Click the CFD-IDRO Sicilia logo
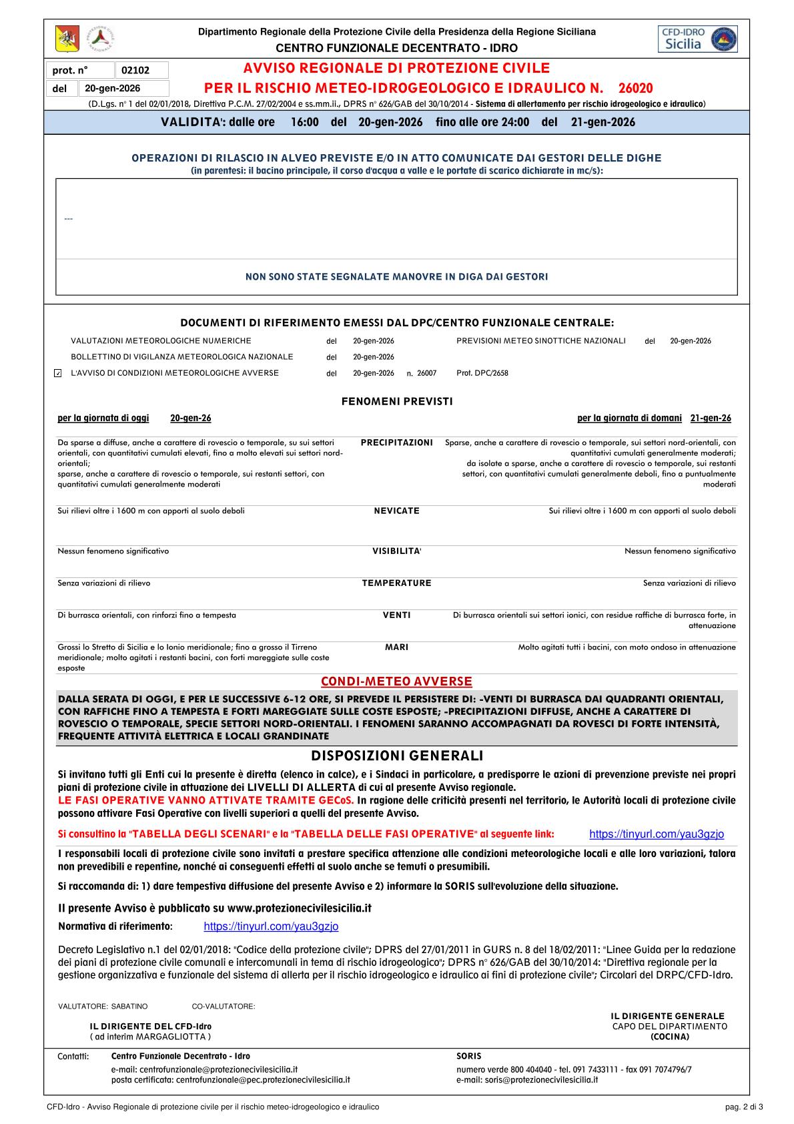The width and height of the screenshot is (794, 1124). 697,39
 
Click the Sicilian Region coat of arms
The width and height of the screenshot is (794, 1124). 67,39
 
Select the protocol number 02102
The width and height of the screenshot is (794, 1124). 135,70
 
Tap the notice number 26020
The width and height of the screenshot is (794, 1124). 635,89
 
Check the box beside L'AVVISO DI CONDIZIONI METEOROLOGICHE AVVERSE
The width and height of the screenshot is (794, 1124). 57,373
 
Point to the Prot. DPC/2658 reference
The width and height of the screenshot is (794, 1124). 482,373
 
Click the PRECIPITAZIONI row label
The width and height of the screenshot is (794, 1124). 396,443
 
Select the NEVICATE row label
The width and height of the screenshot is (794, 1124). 396,511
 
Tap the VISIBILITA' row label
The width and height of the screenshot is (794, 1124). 396,551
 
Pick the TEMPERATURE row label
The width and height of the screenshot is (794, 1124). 396,583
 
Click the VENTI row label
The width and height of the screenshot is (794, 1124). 396,615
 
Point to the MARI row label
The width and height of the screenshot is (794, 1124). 396,647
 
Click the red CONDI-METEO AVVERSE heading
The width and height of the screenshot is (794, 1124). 396,681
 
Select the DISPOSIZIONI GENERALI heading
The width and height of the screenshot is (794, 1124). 396,756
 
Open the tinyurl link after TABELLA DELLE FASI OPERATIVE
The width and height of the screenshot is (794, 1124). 656,834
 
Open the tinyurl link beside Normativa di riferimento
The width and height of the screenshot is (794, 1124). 271,926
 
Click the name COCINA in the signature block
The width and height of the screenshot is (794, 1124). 670,1037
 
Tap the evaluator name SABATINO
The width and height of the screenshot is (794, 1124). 129,1006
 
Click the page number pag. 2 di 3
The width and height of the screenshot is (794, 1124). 743,1107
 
